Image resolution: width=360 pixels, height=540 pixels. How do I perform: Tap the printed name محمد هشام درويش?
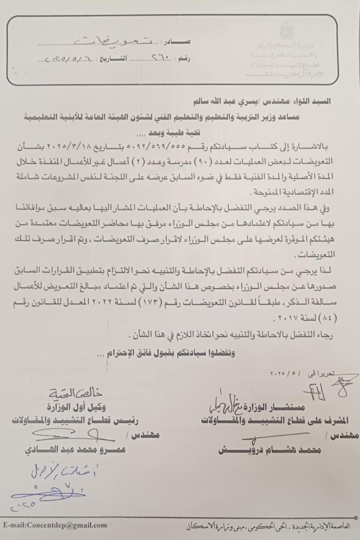click(x=270, y=450)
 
